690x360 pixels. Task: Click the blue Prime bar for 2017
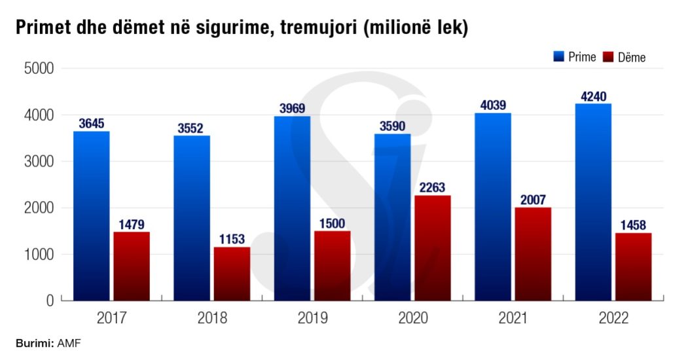(92, 216)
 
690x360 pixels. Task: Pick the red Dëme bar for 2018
(232, 274)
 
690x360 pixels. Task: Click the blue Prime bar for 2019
(292, 208)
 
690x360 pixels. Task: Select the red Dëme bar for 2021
(532, 254)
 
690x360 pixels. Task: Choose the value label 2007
(532, 200)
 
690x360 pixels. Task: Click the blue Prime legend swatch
(558, 57)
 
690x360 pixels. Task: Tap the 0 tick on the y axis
(49, 301)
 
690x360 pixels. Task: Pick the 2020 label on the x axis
(412, 319)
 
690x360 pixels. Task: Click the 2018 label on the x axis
(212, 319)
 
